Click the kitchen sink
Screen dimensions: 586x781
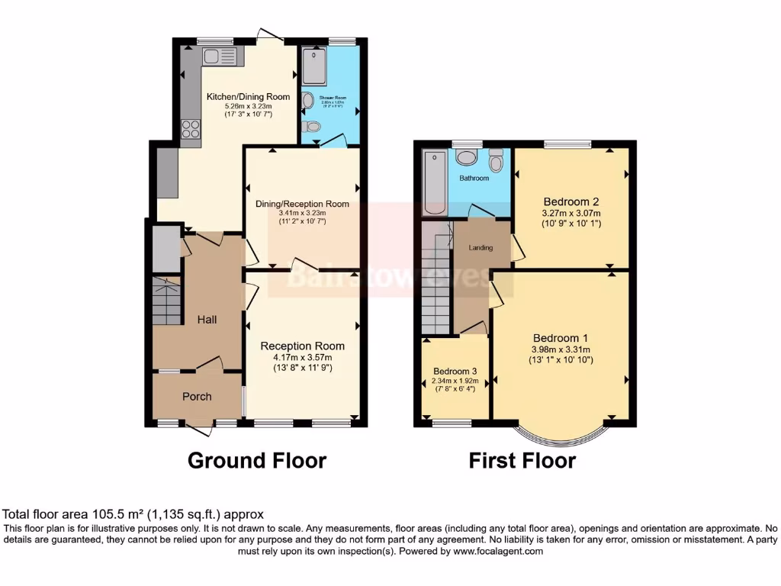pos(220,56)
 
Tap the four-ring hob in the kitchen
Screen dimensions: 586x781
pos(190,129)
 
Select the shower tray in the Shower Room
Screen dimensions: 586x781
pos(314,67)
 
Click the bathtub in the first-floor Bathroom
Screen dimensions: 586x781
pos(435,182)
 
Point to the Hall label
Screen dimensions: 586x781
pos(207,320)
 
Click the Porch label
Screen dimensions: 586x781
pos(197,396)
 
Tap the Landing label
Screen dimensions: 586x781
pos(480,247)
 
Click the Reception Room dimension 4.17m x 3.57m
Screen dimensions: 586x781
pos(303,357)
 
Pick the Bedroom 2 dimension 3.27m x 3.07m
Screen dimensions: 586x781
pos(570,213)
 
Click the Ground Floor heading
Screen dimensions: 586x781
pos(257,461)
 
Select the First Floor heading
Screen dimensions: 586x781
pos(522,461)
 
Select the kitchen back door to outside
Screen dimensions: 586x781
pos(268,34)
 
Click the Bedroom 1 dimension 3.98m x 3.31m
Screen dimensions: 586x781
pos(562,349)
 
